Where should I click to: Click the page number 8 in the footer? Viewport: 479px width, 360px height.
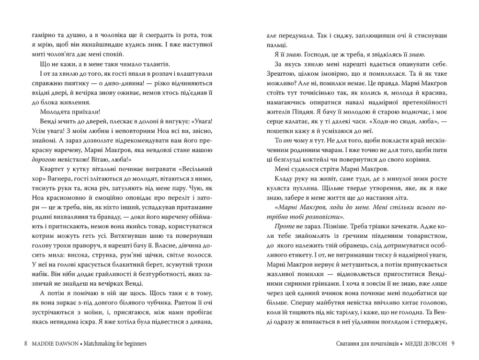point(25,344)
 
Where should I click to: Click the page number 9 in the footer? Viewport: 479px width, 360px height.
point(452,344)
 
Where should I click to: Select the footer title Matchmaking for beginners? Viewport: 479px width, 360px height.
point(115,344)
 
